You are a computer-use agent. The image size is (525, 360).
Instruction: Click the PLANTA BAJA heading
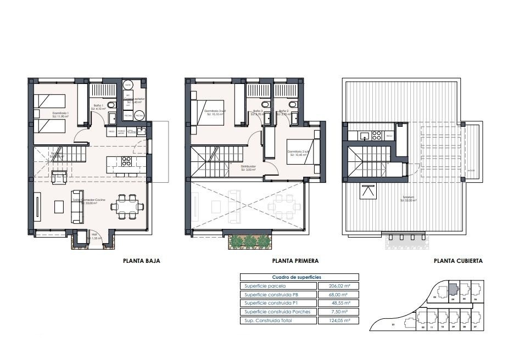141,261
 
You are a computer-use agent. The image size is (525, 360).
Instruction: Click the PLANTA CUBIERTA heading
457,261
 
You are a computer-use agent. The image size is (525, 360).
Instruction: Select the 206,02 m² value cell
338,286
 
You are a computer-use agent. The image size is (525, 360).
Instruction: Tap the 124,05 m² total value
338,320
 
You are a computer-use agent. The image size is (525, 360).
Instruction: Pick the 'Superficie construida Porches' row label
277,312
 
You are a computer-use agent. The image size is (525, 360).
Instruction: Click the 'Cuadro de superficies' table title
299,278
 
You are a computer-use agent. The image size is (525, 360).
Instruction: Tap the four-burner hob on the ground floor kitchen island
126,161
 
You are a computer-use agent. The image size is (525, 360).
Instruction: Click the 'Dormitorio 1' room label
60,114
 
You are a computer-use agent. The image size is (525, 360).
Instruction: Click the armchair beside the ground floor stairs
59,177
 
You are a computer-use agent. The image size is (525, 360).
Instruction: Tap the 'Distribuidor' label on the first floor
248,167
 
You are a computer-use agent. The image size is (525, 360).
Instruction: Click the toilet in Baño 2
292,104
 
